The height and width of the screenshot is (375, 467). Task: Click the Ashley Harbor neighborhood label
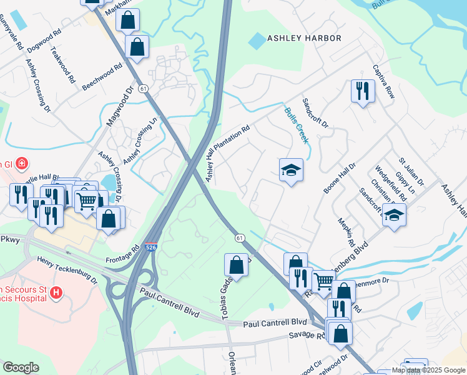304,38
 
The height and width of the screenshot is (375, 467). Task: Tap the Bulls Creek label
297,125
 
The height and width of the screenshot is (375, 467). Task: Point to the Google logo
21,367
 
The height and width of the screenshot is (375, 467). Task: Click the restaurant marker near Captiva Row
362,91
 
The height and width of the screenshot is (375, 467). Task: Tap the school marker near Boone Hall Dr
291,169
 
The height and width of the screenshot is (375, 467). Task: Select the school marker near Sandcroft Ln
394,214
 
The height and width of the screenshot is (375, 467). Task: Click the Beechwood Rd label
102,77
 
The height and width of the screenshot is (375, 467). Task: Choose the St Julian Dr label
411,172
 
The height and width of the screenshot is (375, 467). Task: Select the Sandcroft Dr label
315,112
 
